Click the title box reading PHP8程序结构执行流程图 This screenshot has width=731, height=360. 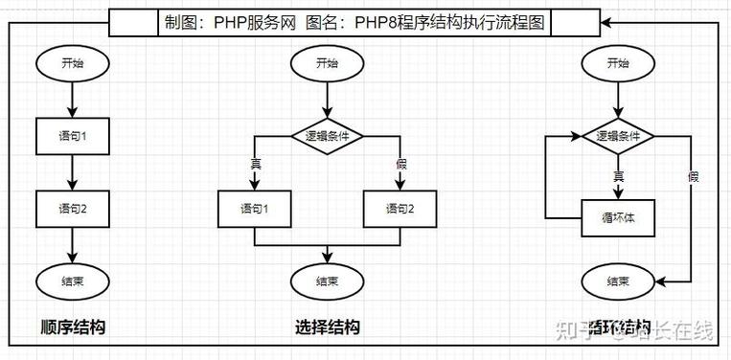click(355, 22)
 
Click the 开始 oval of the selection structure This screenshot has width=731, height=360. click(327, 63)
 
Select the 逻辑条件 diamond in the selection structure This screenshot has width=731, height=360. click(327, 136)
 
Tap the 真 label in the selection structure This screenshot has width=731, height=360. click(255, 163)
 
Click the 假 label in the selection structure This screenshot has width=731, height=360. click(400, 163)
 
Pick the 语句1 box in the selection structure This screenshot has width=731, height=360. click(255, 208)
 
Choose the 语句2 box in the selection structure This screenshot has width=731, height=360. click(400, 208)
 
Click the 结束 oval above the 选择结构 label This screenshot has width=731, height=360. click(327, 281)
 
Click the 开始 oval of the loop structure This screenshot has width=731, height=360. click(618, 63)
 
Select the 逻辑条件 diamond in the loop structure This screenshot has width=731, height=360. click(618, 136)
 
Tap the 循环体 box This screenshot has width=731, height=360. click(618, 216)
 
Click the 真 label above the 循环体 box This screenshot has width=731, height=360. click(618, 176)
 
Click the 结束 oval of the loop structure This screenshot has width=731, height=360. click(618, 281)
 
